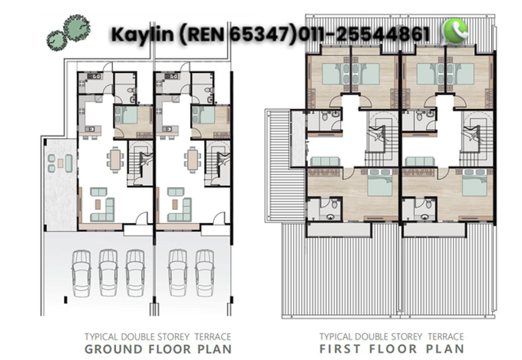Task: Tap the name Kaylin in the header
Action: point(141,34)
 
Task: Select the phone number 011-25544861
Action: point(366,34)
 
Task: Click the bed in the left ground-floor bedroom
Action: point(127,117)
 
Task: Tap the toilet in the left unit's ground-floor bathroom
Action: point(130,91)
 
